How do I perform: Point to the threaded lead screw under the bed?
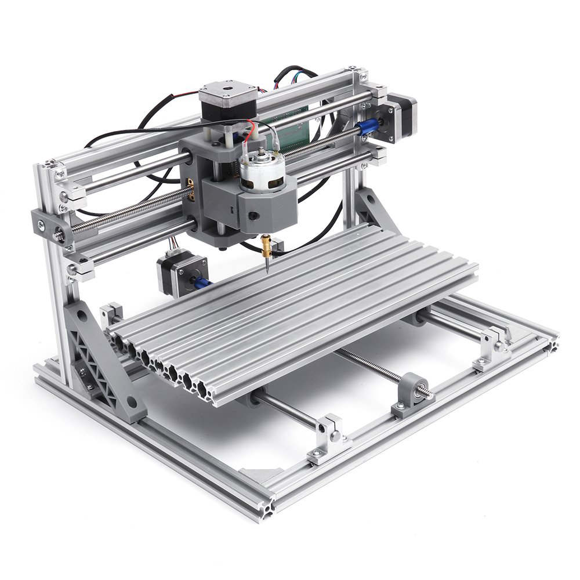coord(371,371)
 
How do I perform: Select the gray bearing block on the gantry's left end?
coord(49,226)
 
